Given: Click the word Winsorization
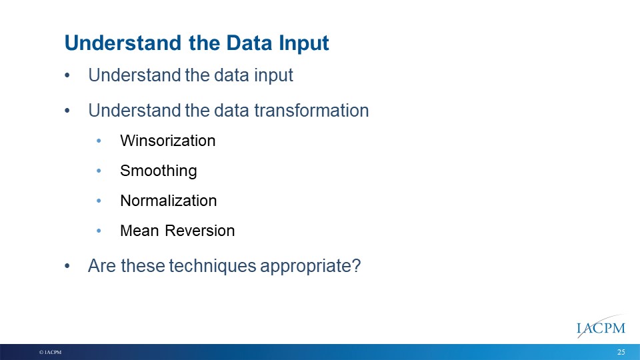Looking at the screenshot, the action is [x=168, y=141].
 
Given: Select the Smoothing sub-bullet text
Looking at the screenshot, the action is [x=159, y=171].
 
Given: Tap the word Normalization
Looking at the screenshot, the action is [x=168, y=201].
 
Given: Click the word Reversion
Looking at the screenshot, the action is [x=199, y=231].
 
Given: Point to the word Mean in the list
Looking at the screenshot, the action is [x=139, y=231].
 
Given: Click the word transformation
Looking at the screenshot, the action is [x=311, y=111].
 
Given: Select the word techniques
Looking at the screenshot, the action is [x=212, y=266].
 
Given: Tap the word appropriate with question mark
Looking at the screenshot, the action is [x=310, y=267].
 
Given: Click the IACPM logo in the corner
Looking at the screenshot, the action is [x=601, y=327].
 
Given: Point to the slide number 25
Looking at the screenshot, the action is [x=621, y=352].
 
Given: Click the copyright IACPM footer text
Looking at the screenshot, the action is [x=50, y=352].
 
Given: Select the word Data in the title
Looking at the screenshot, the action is [x=249, y=43].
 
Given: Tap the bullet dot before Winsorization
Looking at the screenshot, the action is [x=99, y=141].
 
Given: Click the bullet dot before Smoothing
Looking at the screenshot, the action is [x=99, y=171].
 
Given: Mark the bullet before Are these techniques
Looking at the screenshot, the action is [x=67, y=267].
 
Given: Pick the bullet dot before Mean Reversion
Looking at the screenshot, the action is [x=99, y=231].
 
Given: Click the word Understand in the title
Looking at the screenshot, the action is [x=123, y=43].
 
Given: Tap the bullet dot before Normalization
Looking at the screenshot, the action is [x=99, y=201].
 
